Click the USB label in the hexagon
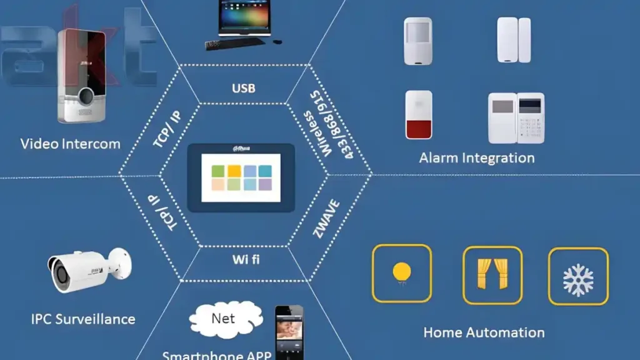[243, 88]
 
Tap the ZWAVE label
[326, 218]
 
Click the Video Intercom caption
[70, 144]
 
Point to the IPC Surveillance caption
[82, 319]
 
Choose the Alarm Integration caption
[476, 157]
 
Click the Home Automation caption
[484, 332]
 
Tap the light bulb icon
[402, 274]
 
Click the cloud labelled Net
[223, 319]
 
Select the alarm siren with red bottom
[418, 114]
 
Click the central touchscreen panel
[241, 177]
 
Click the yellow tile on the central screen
[234, 171]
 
